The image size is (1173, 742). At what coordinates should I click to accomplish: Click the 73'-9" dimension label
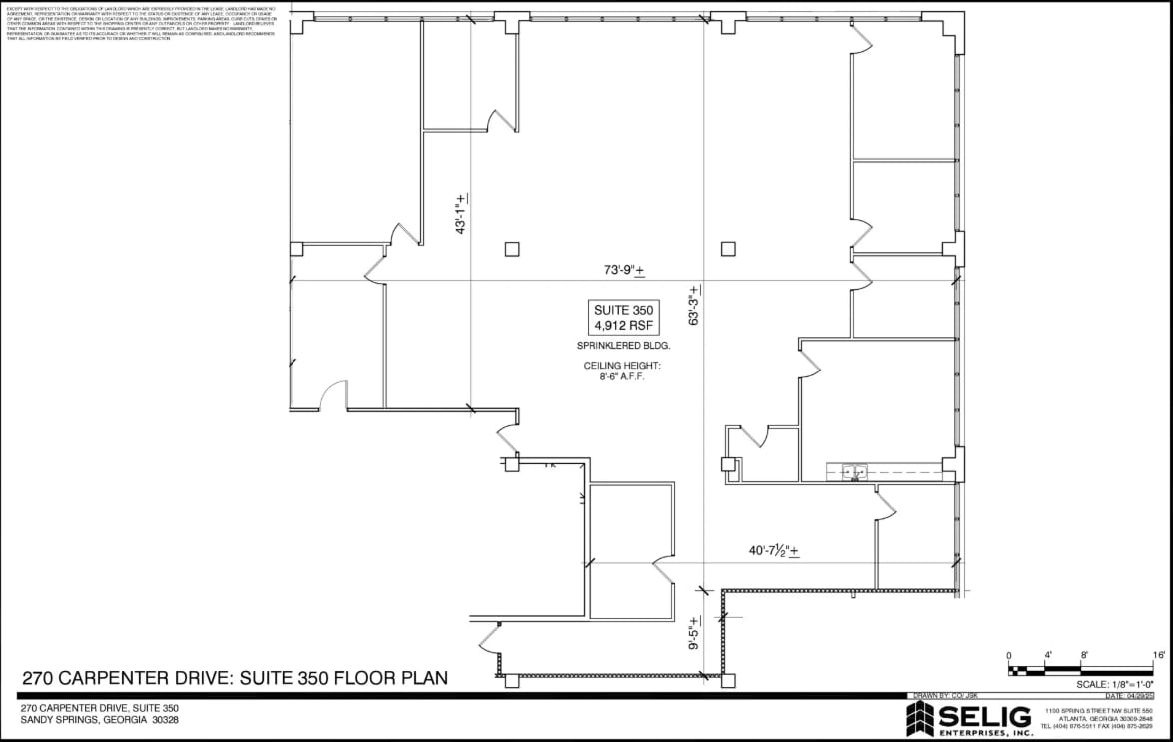tap(624, 270)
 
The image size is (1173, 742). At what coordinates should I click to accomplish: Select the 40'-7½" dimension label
tap(774, 550)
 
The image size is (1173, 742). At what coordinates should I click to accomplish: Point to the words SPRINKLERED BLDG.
tap(623, 346)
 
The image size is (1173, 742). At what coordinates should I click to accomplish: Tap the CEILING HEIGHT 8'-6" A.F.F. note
tap(622, 371)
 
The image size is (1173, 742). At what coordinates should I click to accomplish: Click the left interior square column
tap(512, 248)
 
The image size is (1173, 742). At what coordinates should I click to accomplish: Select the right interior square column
tap(728, 248)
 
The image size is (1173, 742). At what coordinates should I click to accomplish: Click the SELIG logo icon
tap(919, 718)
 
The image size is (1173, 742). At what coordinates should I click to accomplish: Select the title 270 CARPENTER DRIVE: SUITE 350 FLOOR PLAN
tap(235, 678)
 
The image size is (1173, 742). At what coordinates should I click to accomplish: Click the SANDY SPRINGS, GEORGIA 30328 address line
tap(99, 720)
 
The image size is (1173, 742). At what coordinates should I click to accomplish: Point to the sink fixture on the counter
tap(853, 471)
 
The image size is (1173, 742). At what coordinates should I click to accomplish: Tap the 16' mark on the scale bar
tap(1158, 655)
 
